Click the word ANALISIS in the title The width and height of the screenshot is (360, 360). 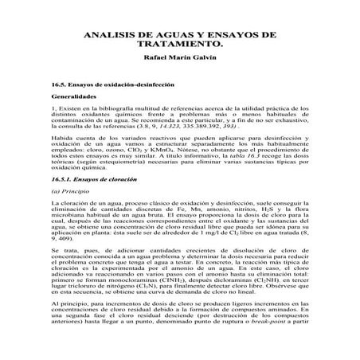(x=111, y=37)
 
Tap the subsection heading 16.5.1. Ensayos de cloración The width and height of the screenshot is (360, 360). (x=100, y=204)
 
